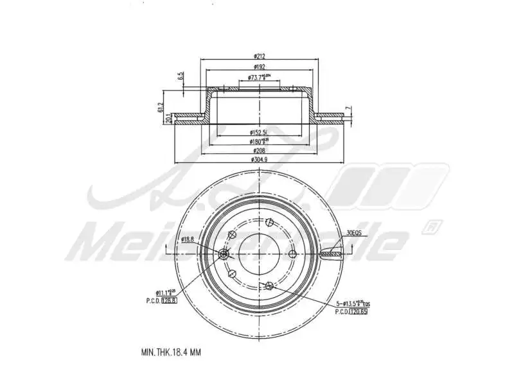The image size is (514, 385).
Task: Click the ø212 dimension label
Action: (x=260, y=55)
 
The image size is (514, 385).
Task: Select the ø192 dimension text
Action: (x=260, y=67)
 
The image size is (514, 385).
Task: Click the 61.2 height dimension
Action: (x=160, y=107)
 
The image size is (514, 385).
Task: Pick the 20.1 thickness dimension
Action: (x=168, y=119)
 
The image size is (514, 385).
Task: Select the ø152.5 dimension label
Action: (x=260, y=133)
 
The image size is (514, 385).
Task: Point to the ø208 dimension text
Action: (x=260, y=150)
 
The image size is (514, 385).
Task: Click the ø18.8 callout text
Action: (x=188, y=239)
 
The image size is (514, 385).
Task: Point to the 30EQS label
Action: (x=354, y=234)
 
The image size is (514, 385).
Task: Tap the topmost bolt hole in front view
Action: (x=268, y=224)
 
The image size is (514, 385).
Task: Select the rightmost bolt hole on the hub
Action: (x=292, y=254)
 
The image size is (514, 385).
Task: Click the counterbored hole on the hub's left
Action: (x=224, y=255)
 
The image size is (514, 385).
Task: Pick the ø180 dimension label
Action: (x=260, y=141)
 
